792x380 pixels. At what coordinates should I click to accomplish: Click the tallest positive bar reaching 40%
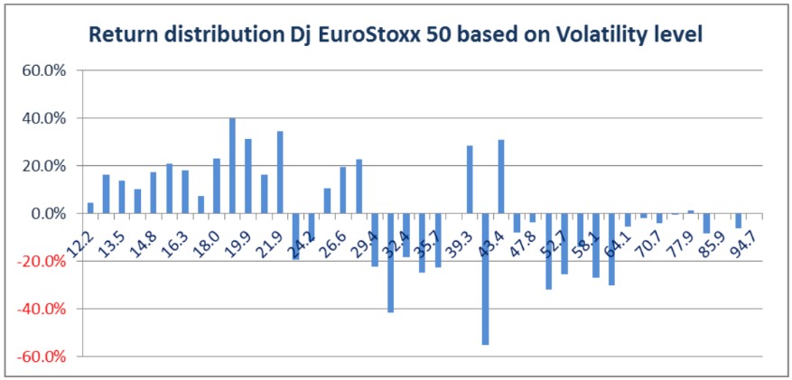pyautogui.click(x=232, y=166)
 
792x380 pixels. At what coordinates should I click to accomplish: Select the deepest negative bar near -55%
pyautogui.click(x=486, y=279)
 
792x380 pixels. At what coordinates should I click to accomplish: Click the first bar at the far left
pyautogui.click(x=90, y=209)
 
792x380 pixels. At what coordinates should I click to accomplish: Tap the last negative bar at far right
pyautogui.click(x=738, y=221)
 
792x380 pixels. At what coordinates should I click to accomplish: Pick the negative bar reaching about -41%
pyautogui.click(x=391, y=263)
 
